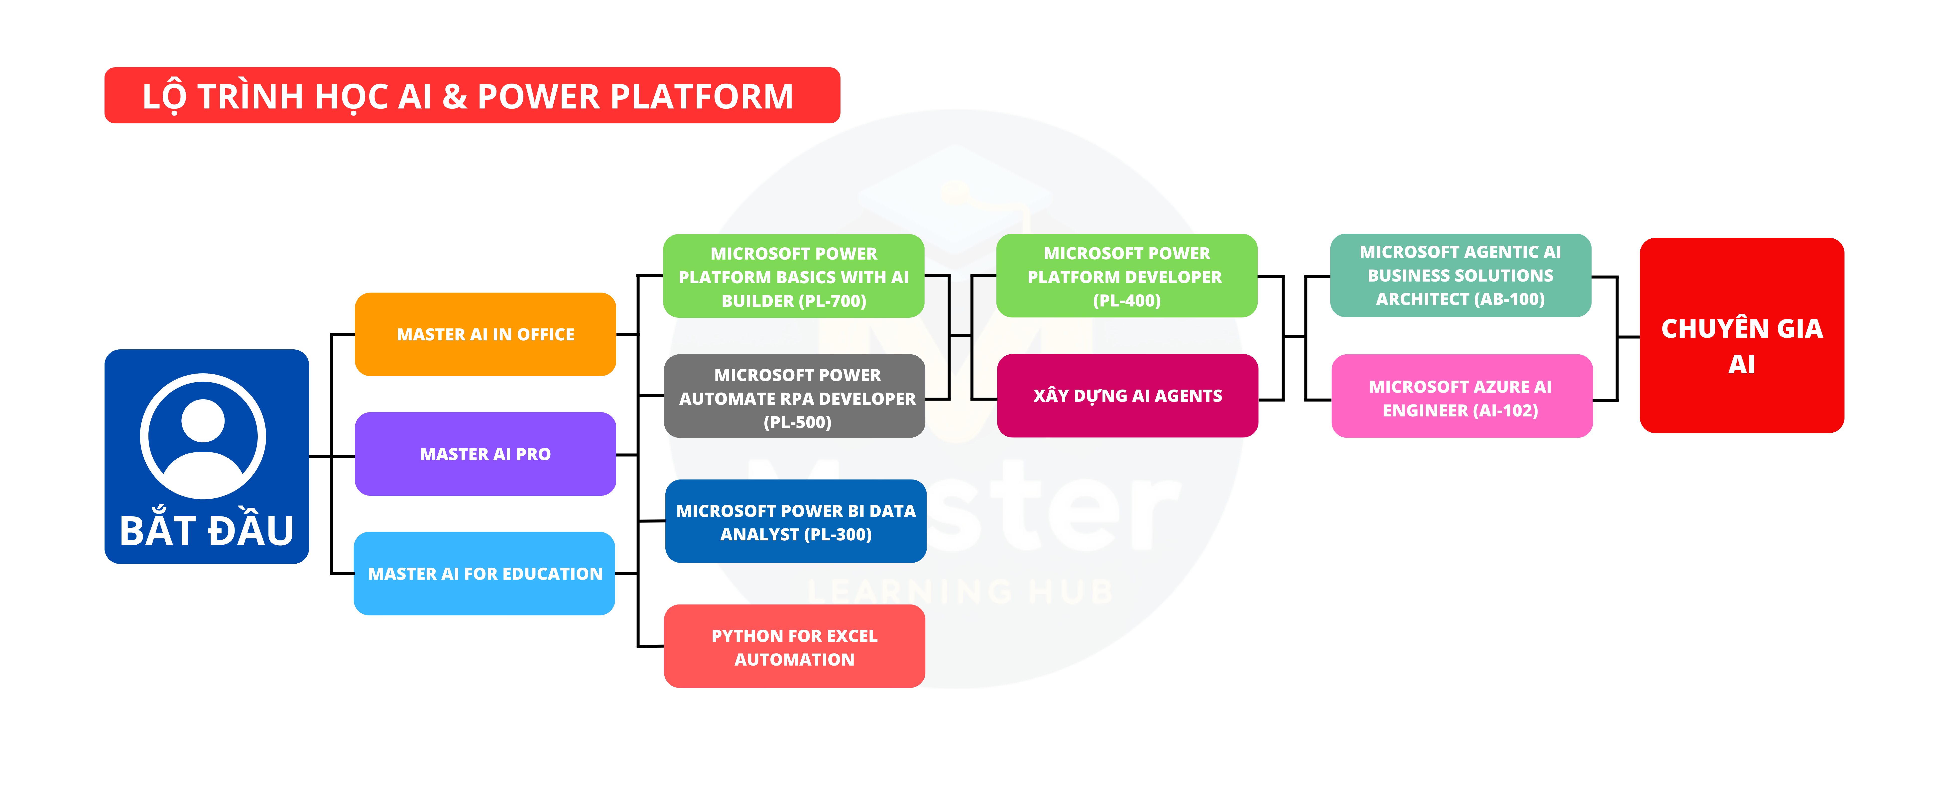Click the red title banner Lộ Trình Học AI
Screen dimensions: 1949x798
tap(472, 95)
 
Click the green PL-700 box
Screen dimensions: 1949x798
tap(794, 276)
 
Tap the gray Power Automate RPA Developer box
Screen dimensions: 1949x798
tap(794, 396)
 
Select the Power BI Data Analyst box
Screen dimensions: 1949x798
tap(796, 521)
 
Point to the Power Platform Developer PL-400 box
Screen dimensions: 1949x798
tap(1127, 275)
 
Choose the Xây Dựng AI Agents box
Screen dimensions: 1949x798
tap(1127, 396)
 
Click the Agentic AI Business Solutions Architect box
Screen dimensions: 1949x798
tap(1460, 275)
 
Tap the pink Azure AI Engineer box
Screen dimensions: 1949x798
tap(1462, 396)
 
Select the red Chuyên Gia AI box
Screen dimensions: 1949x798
tap(1742, 335)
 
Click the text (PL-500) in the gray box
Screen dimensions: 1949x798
tap(797, 422)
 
